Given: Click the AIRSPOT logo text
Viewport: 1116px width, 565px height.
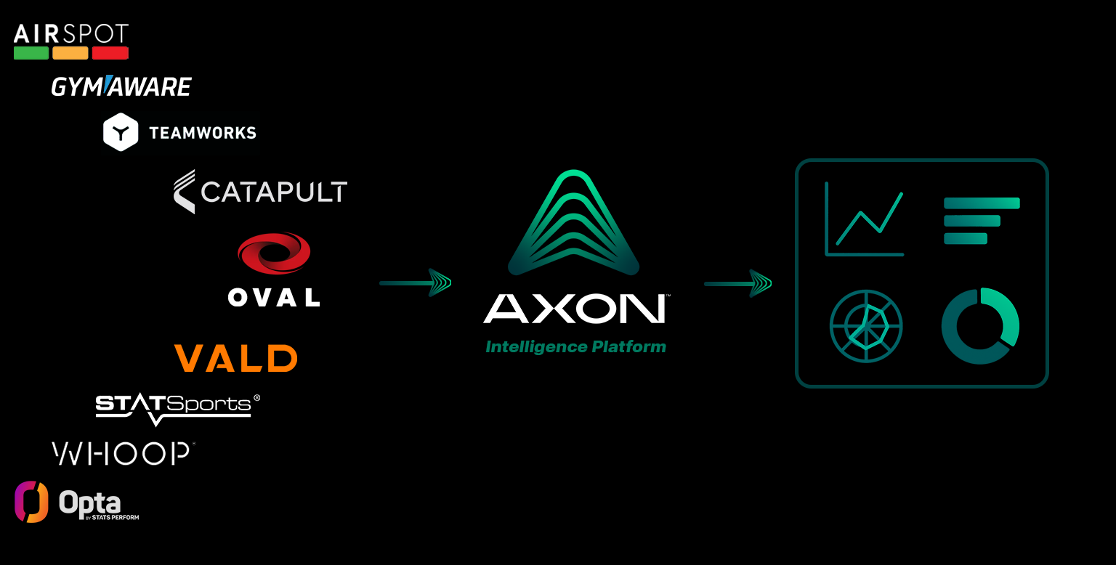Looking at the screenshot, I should (x=71, y=33).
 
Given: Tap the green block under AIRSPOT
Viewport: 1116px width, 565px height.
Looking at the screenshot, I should (x=31, y=53).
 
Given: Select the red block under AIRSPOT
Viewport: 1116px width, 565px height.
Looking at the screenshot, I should (x=110, y=53).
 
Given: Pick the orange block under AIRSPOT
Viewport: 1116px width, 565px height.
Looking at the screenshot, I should (x=70, y=53).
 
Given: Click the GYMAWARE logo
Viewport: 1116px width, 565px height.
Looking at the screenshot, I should (x=121, y=87).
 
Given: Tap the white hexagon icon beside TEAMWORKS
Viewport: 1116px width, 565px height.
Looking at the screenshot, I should (x=121, y=132).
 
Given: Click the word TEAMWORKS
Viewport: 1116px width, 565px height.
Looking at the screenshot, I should (x=203, y=133).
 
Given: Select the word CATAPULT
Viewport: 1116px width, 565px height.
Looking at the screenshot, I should (x=274, y=192).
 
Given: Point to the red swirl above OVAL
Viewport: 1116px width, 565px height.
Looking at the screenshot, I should (x=274, y=253).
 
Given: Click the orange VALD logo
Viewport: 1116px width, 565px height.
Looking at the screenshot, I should (x=236, y=358).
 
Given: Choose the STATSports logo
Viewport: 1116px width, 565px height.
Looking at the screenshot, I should (x=177, y=407).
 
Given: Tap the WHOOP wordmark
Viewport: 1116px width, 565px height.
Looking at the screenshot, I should (x=121, y=454).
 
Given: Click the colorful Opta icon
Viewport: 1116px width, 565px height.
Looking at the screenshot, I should (x=31, y=502).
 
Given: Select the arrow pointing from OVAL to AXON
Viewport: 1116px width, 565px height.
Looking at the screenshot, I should (x=416, y=282).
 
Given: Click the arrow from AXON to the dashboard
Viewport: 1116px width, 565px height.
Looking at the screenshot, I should (x=738, y=282).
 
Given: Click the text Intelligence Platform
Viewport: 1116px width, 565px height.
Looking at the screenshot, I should (x=575, y=347).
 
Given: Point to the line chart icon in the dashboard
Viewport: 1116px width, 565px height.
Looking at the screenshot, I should (x=865, y=219).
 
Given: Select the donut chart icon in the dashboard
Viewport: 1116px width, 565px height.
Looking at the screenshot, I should (x=980, y=326).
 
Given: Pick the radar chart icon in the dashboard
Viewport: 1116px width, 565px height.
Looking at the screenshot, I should (x=866, y=326).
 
